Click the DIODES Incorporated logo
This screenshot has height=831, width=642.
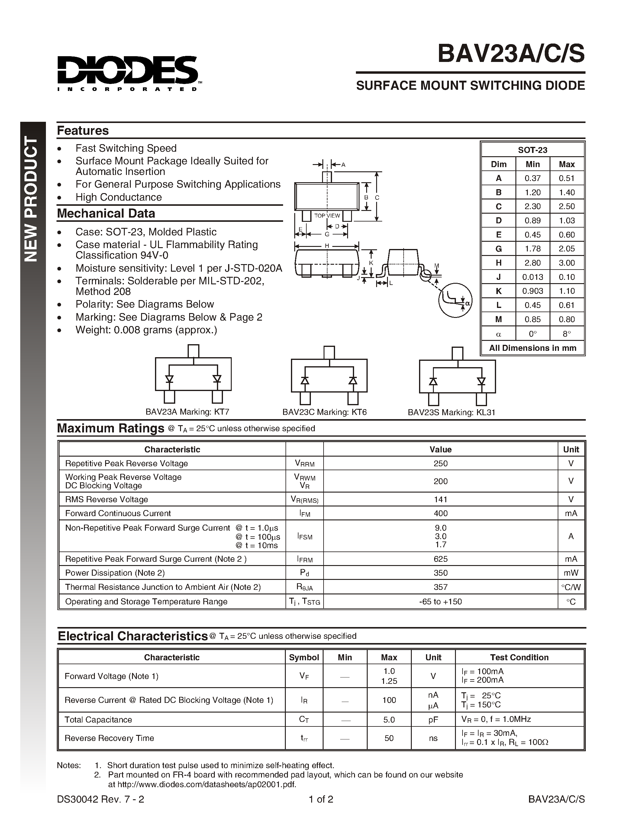pyautogui.click(x=127, y=72)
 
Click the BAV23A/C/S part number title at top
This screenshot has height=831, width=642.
pyautogui.click(x=511, y=54)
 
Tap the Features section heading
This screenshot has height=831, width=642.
pyautogui.click(x=82, y=131)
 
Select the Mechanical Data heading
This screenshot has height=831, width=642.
pyautogui.click(x=106, y=213)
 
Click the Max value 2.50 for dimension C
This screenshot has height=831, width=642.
pyautogui.click(x=566, y=206)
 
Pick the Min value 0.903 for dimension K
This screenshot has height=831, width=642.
pyautogui.click(x=532, y=291)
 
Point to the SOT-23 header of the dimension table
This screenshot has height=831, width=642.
pyautogui.click(x=532, y=150)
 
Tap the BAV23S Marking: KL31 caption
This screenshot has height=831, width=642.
pyautogui.click(x=451, y=412)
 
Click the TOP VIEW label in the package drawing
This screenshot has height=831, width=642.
pyautogui.click(x=327, y=216)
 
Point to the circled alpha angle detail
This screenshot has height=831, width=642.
pyautogui.click(x=455, y=300)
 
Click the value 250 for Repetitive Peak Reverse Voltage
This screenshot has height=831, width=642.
pyautogui.click(x=440, y=464)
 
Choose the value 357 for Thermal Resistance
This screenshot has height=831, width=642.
pyautogui.click(x=440, y=587)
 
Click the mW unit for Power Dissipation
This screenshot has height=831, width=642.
pyautogui.click(x=571, y=573)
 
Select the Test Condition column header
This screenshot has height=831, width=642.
pyautogui.click(x=519, y=658)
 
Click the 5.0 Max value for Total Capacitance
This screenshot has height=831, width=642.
pyautogui.click(x=389, y=719)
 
